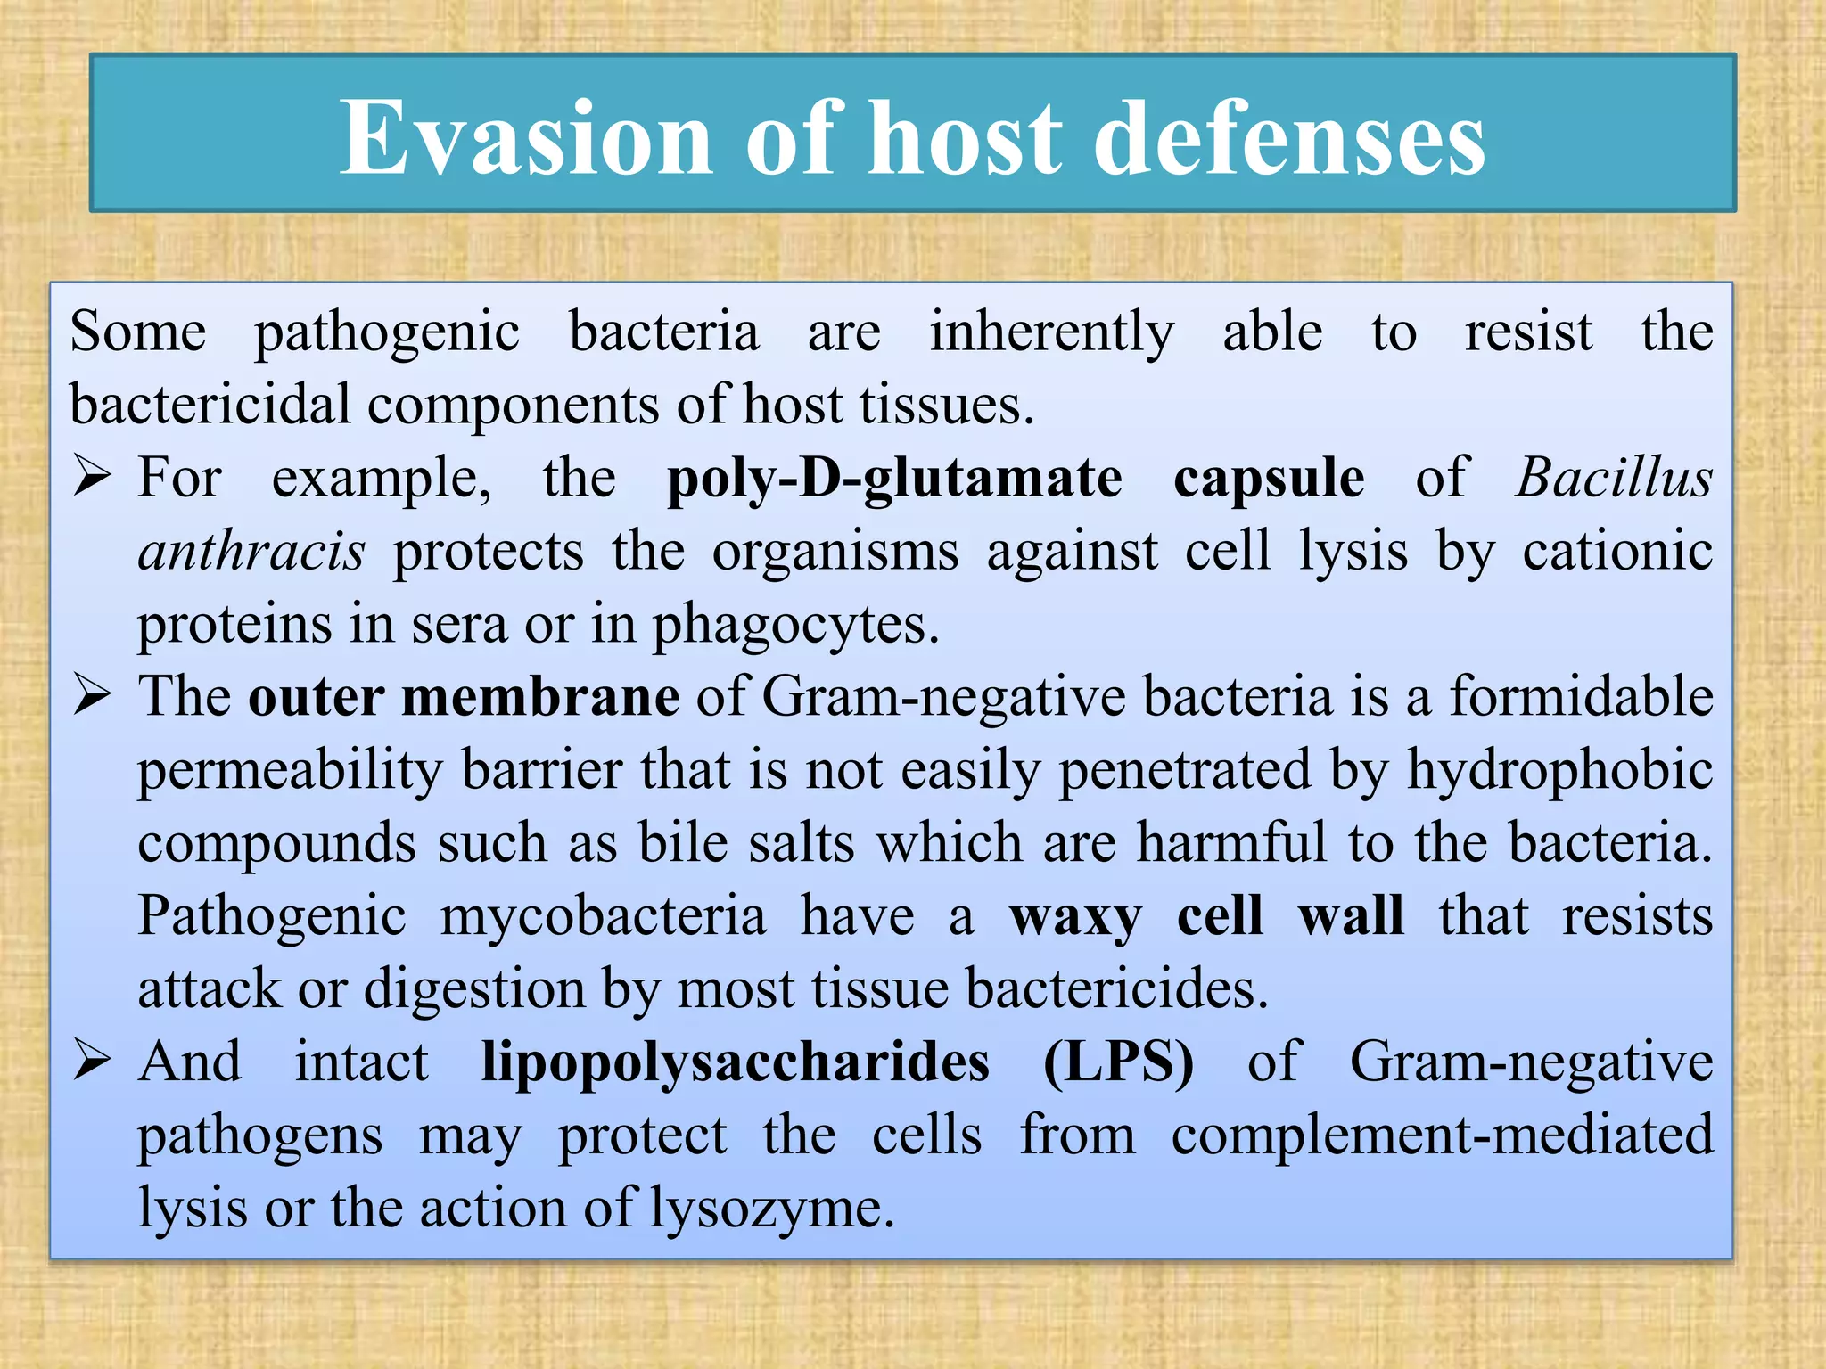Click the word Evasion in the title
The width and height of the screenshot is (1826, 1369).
[x=526, y=138]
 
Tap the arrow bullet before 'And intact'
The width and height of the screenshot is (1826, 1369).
[x=92, y=1061]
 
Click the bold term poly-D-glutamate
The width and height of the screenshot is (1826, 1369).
[x=894, y=480]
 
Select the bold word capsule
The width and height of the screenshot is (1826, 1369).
[x=1268, y=480]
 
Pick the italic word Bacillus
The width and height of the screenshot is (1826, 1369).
[x=1614, y=478]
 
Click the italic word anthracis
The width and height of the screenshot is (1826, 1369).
[x=251, y=552]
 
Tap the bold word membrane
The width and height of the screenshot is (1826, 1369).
[x=540, y=697]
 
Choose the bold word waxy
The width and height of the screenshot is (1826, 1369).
[x=1075, y=918]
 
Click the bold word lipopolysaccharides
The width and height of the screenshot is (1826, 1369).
[x=736, y=1063]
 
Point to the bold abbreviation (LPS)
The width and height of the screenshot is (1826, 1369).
[x=1118, y=1063]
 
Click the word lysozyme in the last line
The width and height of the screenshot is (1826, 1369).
[x=771, y=1210]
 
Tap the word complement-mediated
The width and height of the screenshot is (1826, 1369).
[x=1442, y=1136]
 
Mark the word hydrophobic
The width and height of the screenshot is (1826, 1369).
[x=1559, y=770]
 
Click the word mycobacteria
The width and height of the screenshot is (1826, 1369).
[x=603, y=917]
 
